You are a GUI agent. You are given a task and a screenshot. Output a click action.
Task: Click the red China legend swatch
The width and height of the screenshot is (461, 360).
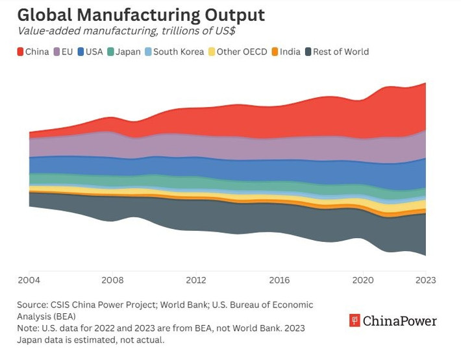tap(19, 52)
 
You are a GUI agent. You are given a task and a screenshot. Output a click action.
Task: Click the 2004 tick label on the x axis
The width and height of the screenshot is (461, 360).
tap(29, 280)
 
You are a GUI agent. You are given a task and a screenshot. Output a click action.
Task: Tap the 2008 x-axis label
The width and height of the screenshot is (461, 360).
tap(113, 280)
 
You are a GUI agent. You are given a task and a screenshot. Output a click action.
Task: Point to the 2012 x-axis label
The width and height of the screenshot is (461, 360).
tap(196, 280)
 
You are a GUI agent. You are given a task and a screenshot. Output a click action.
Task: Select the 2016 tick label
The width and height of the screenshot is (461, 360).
tap(279, 280)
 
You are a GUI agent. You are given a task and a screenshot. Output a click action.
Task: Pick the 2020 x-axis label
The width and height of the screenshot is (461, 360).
tap(362, 280)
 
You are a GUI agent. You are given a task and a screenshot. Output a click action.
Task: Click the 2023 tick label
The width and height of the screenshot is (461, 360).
tap(425, 280)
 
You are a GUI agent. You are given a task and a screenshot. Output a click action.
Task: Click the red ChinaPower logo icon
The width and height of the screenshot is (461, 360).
tap(355, 320)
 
